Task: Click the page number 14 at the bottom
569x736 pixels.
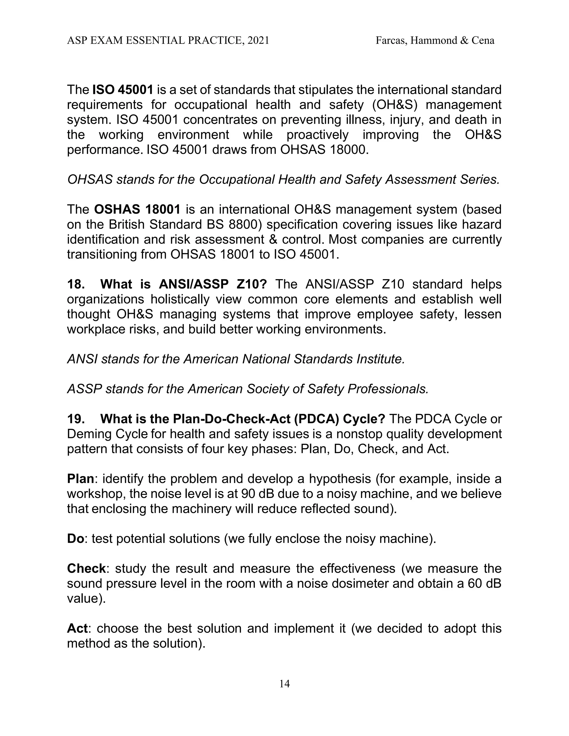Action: [284, 684]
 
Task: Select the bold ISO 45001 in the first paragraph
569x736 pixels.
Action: [123, 90]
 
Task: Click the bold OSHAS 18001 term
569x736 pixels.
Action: [137, 209]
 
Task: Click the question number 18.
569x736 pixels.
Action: [75, 284]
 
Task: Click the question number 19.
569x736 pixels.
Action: [75, 419]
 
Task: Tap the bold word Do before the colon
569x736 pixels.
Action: [75, 539]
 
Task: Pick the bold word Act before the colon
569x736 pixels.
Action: [77, 629]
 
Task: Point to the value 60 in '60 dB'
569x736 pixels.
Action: [476, 583]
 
